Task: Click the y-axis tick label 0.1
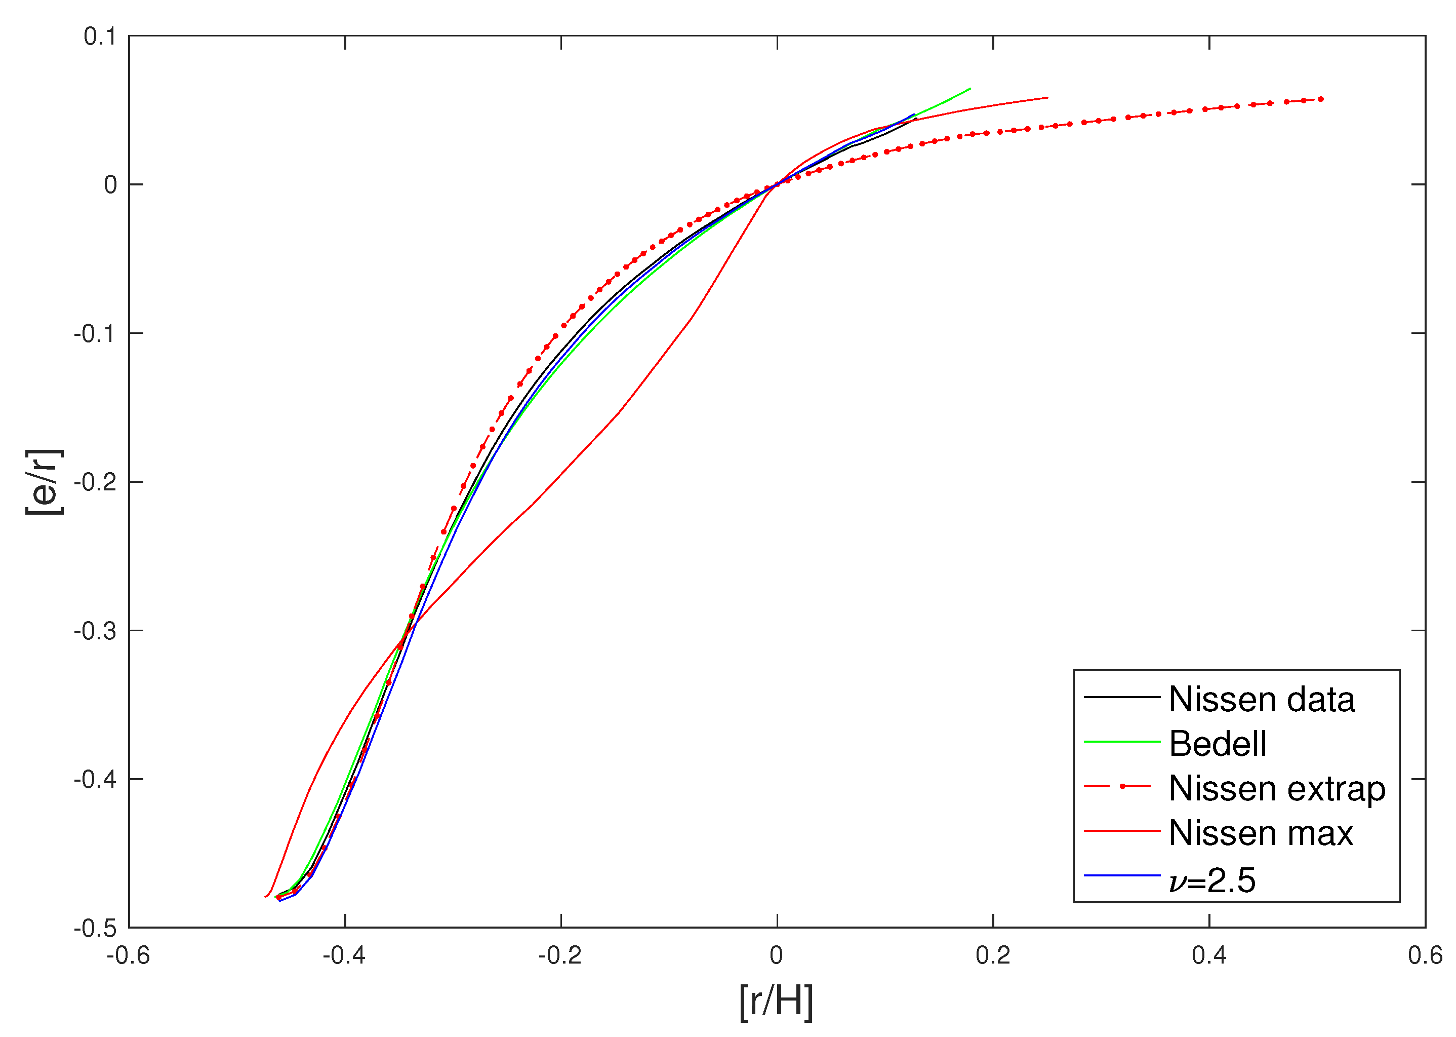[100, 37]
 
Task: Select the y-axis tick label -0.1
[95, 334]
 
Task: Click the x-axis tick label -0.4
[344, 956]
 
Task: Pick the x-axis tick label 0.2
[993, 956]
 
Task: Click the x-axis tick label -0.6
[128, 956]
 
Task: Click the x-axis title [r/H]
[777, 1003]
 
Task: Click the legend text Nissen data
[1262, 699]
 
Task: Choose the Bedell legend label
[1218, 744]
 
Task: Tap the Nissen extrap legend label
[1277, 789]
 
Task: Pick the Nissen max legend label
[1261, 833]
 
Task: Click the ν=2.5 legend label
[1212, 880]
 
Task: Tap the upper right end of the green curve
[970, 89]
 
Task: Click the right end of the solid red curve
[1047, 98]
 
